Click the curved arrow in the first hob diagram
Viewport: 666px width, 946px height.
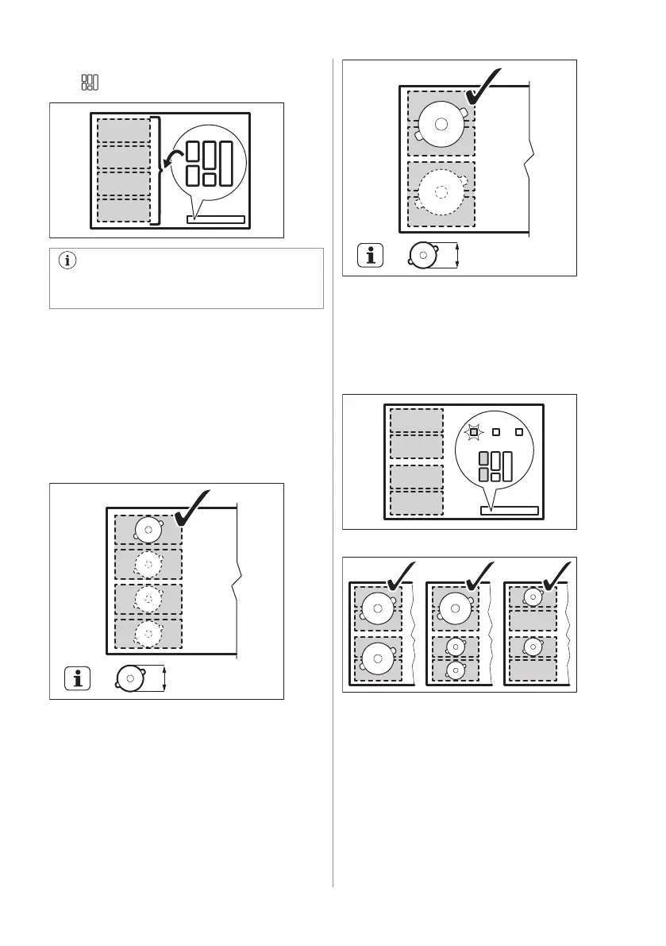tap(170, 162)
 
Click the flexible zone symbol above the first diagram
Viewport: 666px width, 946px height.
tap(89, 82)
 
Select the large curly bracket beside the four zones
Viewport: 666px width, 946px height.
tap(160, 170)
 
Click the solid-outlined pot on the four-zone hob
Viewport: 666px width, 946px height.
tap(148, 529)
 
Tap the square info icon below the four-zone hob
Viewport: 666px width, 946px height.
tap(77, 678)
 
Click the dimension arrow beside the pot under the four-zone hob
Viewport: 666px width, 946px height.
tap(164, 678)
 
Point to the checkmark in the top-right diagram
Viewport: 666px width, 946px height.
tap(483, 87)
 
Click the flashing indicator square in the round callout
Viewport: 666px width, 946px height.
tap(474, 432)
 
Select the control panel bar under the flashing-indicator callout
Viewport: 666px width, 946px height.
tap(509, 511)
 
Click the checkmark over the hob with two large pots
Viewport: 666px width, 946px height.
tap(399, 574)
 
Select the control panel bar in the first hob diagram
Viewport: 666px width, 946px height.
tap(216, 218)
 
